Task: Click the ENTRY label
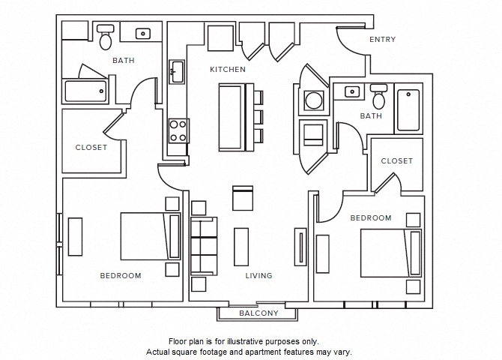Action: pos(382,40)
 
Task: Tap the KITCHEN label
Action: pos(227,70)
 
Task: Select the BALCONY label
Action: pos(258,313)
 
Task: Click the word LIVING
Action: pos(258,276)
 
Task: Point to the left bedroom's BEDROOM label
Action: pos(121,276)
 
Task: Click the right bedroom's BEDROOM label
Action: pos(371,218)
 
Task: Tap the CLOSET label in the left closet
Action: pos(91,148)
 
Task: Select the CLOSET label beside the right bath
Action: pos(396,161)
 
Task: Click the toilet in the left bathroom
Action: pos(106,38)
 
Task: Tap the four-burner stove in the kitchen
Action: pos(178,131)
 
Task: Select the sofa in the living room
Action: pos(202,246)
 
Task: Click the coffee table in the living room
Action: pos(241,246)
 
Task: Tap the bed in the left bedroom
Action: pos(151,237)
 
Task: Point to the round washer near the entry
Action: pos(311,100)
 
